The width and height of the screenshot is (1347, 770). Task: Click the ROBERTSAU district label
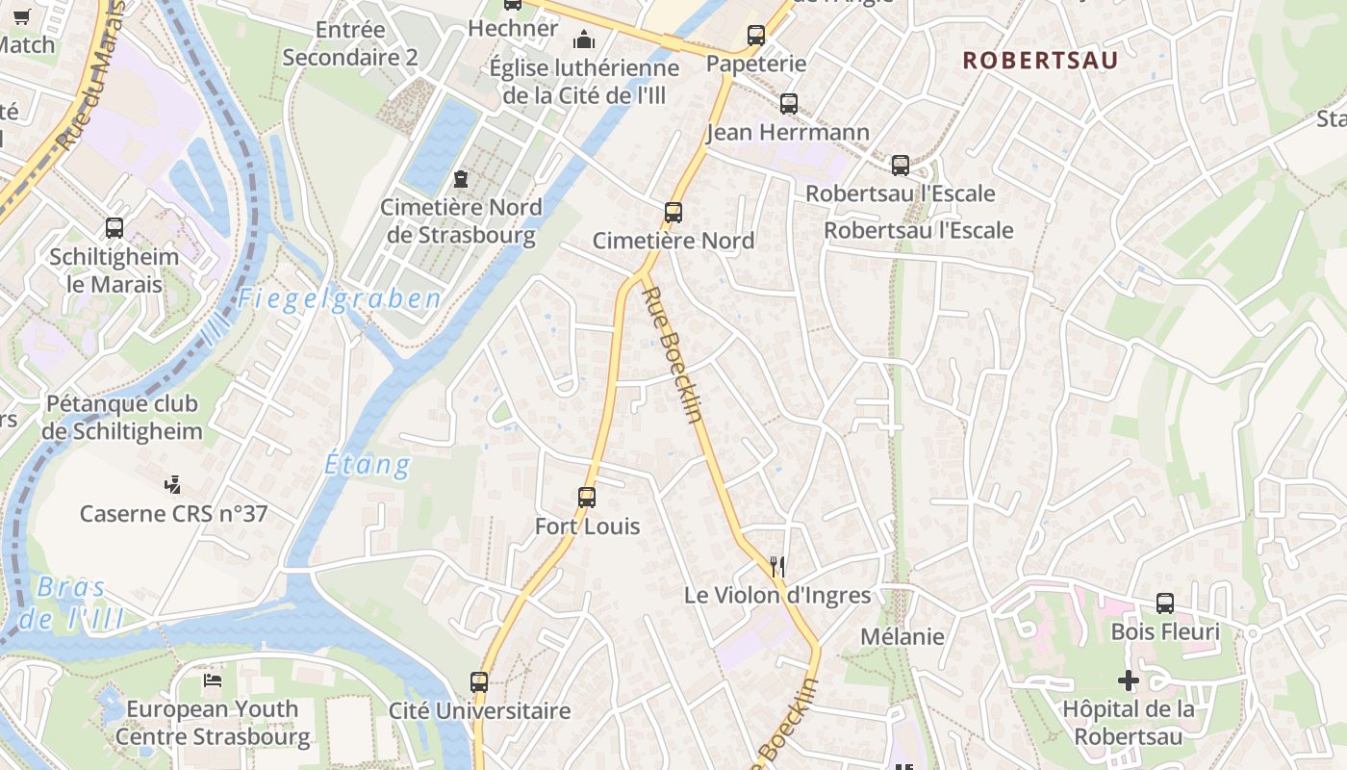pos(1040,60)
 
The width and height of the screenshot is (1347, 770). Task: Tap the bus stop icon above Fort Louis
pos(587,498)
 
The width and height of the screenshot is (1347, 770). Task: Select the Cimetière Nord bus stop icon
pos(673,212)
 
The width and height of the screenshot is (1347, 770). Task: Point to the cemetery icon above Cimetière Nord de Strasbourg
pos(461,179)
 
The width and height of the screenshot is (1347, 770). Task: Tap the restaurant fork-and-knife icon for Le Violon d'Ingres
pos(777,567)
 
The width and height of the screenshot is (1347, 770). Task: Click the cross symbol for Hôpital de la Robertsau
pos(1129,681)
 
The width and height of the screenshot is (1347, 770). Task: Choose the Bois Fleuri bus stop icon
pos(1165,603)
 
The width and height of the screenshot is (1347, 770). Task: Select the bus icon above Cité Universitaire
pos(479,682)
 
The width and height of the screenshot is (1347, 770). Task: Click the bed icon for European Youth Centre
pos(213,680)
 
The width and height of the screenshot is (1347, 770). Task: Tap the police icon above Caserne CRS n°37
pos(173,484)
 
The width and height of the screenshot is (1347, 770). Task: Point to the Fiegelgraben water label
pos(340,299)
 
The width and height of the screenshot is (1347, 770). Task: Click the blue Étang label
pos(368,465)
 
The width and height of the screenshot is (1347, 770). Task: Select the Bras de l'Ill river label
pos(72,603)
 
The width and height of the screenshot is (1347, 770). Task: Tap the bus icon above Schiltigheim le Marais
pos(114,228)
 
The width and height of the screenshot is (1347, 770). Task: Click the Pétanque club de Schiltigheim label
pos(122,417)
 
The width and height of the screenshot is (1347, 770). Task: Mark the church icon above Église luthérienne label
pos(583,39)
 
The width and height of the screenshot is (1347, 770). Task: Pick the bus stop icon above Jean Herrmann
pos(789,103)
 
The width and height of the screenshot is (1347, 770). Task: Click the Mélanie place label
pos(902,636)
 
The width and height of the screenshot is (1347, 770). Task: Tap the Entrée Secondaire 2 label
pos(350,43)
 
